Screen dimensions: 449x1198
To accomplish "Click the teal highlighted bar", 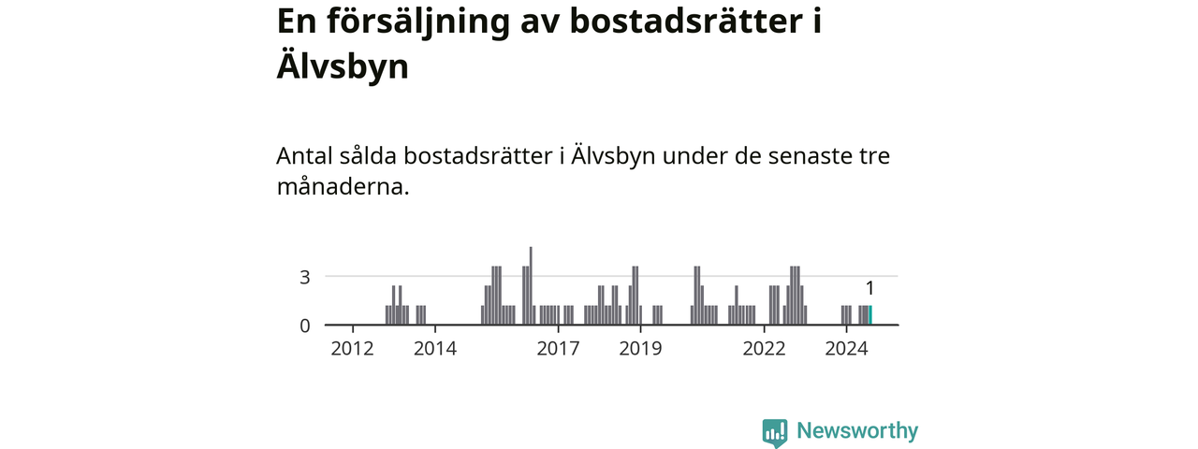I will pos(870,315).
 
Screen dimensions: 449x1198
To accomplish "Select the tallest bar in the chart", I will pos(531,286).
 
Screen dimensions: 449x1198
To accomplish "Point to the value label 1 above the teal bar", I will pos(869,288).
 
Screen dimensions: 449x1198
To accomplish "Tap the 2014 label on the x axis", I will pos(434,349).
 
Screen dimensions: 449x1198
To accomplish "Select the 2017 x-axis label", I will pos(558,349).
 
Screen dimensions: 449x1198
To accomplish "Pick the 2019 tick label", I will pos(640,349).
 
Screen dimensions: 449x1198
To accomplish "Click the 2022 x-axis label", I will pos(764,349).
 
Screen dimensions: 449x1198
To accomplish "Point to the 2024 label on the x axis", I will pos(846,349).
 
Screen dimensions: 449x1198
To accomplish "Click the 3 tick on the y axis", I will pos(304,277).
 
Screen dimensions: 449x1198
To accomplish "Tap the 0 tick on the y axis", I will pos(304,326).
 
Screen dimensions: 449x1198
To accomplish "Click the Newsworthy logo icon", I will pos(774,432).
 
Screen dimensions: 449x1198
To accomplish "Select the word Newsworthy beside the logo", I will pos(857,431).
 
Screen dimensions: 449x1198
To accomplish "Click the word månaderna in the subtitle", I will pos(343,186).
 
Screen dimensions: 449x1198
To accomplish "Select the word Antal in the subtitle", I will pos(304,155).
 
